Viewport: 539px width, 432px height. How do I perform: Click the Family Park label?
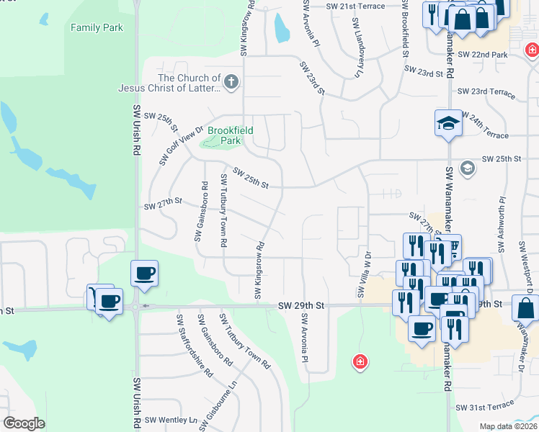[97, 27]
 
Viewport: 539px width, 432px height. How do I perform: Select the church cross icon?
[231, 82]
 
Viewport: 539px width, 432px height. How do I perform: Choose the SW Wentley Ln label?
[171, 420]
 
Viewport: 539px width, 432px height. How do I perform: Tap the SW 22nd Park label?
[482, 55]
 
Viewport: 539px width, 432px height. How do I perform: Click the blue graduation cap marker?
[448, 122]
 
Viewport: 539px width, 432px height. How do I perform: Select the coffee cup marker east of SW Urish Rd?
[144, 274]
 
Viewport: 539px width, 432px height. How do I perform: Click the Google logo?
[24, 423]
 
